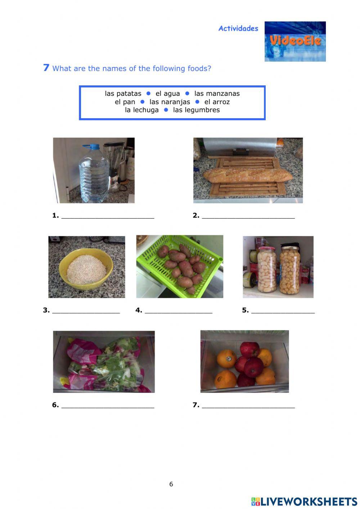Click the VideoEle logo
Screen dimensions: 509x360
(x=295, y=41)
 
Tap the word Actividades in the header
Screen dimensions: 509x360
(x=238, y=28)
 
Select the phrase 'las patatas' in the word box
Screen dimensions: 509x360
(x=123, y=94)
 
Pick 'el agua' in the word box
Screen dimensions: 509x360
(x=167, y=94)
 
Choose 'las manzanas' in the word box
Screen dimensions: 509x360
(x=217, y=94)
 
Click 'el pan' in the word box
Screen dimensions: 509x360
(x=125, y=102)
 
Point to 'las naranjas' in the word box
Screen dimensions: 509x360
(x=170, y=102)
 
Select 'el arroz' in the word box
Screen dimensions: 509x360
(x=217, y=102)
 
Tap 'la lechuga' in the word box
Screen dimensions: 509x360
(x=141, y=110)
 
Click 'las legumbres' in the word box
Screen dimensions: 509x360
(x=196, y=110)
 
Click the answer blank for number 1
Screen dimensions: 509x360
(x=108, y=216)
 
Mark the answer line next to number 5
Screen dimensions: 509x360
(x=283, y=311)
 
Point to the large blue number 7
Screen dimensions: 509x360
(x=46, y=68)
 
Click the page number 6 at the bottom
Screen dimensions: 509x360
(x=171, y=484)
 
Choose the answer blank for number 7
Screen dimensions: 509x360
(x=248, y=406)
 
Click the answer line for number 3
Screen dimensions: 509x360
(x=86, y=311)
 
